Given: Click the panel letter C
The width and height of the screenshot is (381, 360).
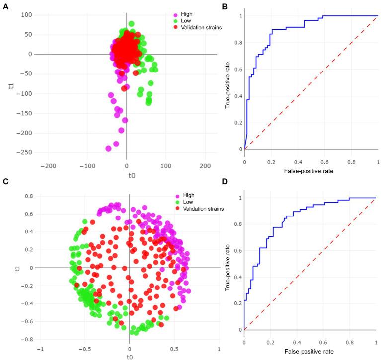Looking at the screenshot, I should coord(5,180).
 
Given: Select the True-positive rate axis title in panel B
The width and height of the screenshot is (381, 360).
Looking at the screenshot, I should coord(228,82).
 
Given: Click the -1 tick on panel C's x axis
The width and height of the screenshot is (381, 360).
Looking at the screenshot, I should coord(41,347).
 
